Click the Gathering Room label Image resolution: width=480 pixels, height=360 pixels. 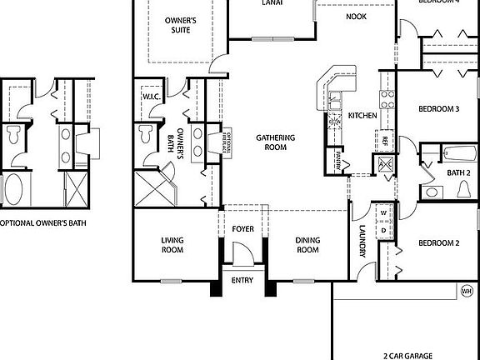[x=272, y=142]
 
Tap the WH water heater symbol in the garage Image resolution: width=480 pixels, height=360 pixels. [x=467, y=291]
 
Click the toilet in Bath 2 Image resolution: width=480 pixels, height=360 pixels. [x=463, y=190]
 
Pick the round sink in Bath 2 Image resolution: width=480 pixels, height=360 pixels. [x=432, y=192]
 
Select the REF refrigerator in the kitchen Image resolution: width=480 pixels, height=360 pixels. [x=385, y=141]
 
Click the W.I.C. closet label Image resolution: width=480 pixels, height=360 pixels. [x=151, y=97]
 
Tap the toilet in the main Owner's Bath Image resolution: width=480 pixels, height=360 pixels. [x=147, y=133]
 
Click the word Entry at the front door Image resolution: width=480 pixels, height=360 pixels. [x=242, y=281]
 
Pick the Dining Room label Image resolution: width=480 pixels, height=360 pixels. [x=308, y=245]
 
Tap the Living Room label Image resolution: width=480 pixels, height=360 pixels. [x=172, y=245]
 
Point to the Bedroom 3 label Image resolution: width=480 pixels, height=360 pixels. [x=438, y=109]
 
